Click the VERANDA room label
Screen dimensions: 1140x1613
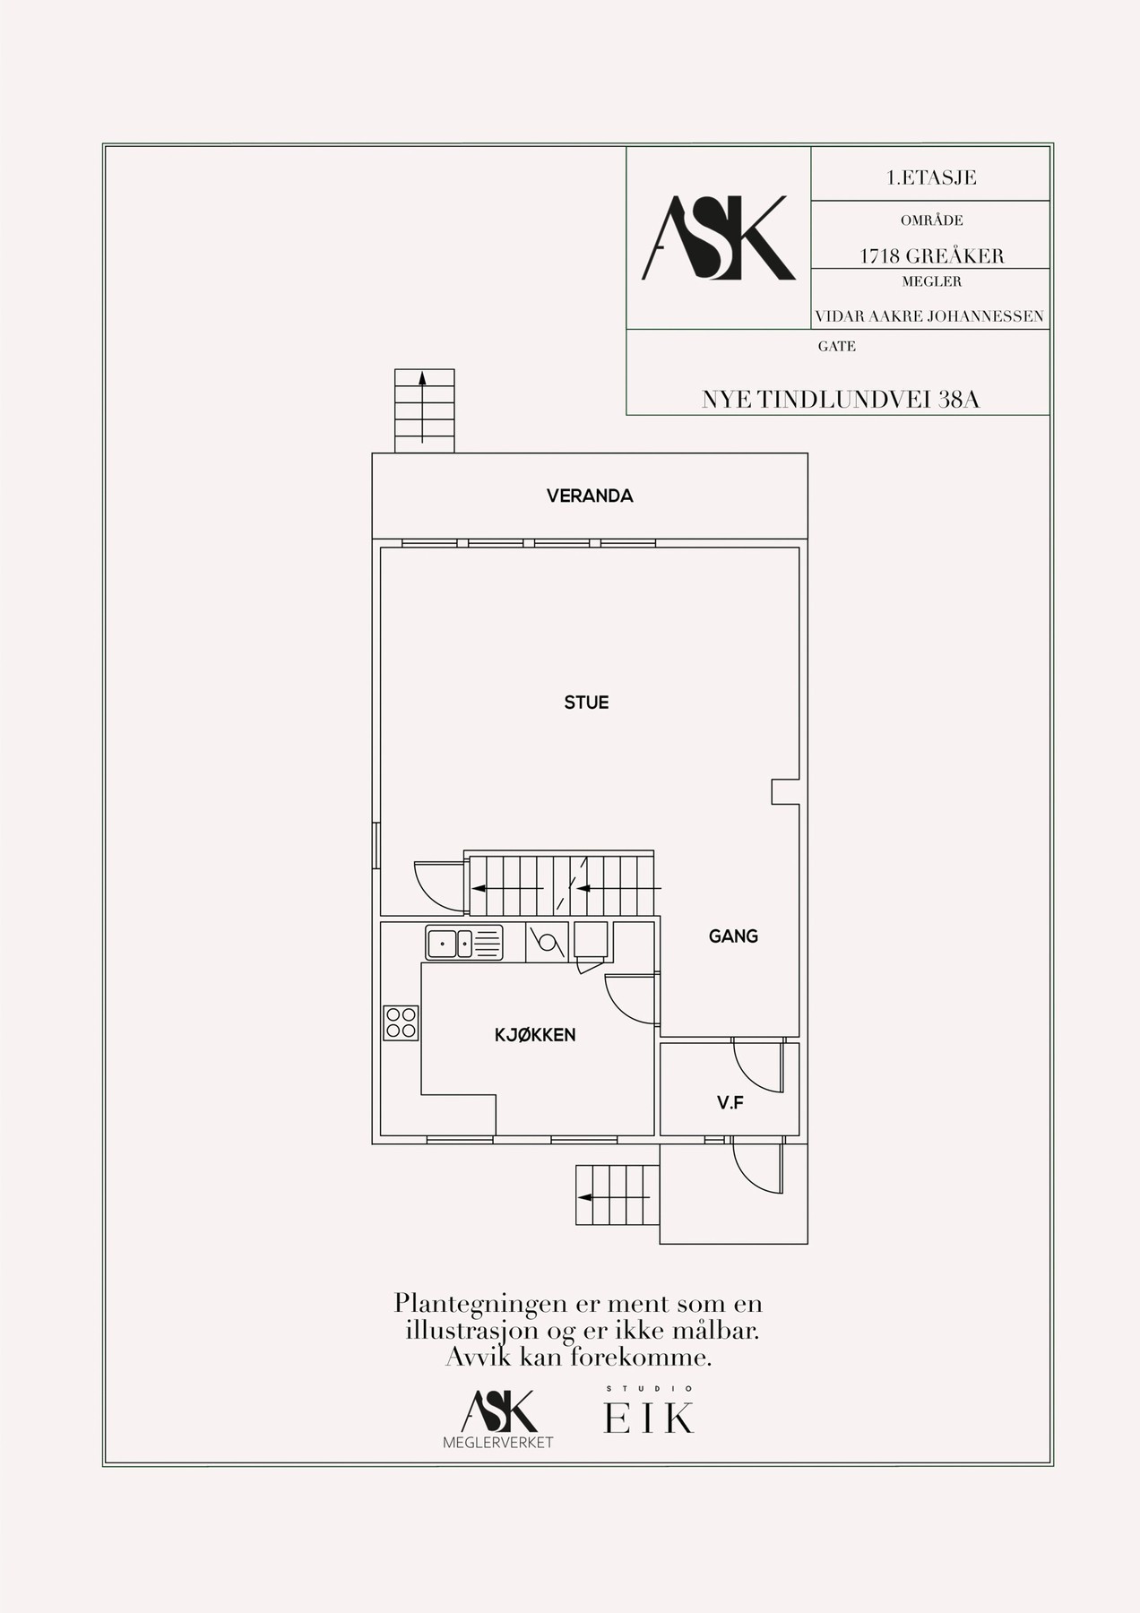590,496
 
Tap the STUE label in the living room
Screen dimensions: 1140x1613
586,703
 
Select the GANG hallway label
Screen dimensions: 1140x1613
733,936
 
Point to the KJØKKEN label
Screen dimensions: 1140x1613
535,1035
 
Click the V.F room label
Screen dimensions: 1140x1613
730,1103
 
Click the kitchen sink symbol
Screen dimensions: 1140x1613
464,944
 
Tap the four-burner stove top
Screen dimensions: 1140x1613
401,1022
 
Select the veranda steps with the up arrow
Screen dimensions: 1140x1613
424,410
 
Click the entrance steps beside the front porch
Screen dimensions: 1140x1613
617,1195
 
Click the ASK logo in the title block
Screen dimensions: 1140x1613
719,237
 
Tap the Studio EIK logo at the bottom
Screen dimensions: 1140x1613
649,1412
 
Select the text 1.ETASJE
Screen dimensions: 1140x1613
931,177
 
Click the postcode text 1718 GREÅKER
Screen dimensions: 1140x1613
932,255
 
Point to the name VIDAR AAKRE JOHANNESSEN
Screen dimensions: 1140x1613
929,316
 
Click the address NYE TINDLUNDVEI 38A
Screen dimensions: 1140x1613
841,400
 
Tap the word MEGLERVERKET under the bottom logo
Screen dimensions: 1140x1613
498,1443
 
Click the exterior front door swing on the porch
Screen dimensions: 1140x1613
756,1168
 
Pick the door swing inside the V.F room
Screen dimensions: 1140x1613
756,1066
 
